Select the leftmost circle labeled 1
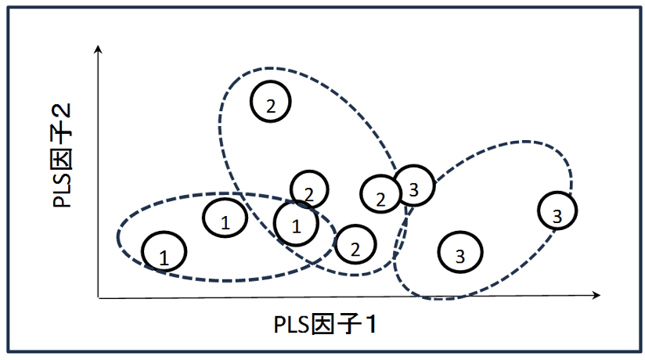164,252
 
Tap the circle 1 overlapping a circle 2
296,223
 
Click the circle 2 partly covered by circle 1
310,188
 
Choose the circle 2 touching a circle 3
380,194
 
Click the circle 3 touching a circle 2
414,186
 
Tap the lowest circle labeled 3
460,251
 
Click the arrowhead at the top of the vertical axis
98,49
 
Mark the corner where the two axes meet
98,297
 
